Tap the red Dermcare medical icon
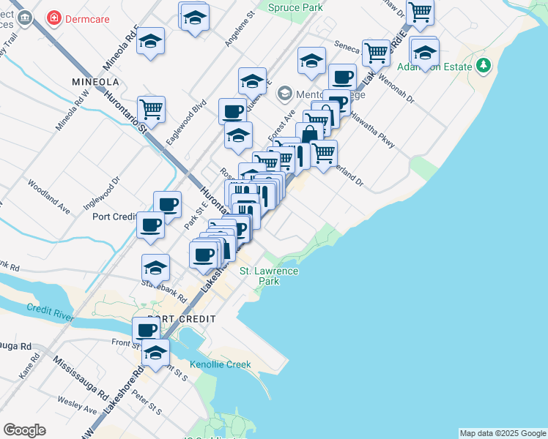click(x=53, y=17)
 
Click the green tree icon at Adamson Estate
click(x=483, y=67)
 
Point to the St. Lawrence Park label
click(x=270, y=276)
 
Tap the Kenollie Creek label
click(x=220, y=364)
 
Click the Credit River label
click(x=51, y=309)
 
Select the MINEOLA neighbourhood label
click(x=96, y=81)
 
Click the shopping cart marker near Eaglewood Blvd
click(x=151, y=108)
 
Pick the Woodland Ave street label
click(x=49, y=197)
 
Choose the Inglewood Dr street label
click(x=106, y=190)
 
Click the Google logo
click(x=24, y=430)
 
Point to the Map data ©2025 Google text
click(x=503, y=433)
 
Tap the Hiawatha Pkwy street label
click(x=373, y=131)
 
